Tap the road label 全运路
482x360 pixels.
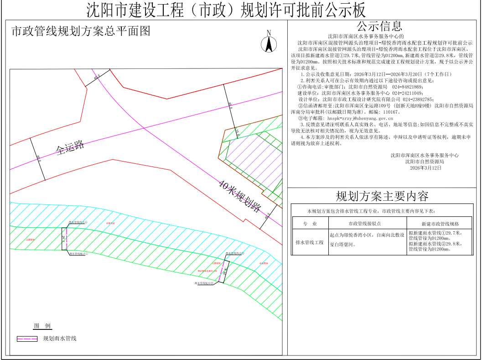[x=71, y=147]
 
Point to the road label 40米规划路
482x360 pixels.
[x=239, y=196]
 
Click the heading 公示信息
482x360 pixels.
[x=379, y=26]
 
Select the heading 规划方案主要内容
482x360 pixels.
[x=382, y=196]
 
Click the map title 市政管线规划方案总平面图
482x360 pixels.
[x=80, y=31]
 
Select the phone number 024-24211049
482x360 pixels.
[x=409, y=93]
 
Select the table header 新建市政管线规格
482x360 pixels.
[x=440, y=224]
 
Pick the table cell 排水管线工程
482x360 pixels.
[x=309, y=242]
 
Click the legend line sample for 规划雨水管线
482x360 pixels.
[x=27, y=339]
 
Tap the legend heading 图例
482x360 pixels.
[x=42, y=326]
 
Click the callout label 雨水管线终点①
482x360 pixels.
[x=78, y=222]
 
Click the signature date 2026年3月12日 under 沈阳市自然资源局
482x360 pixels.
[x=426, y=168]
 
